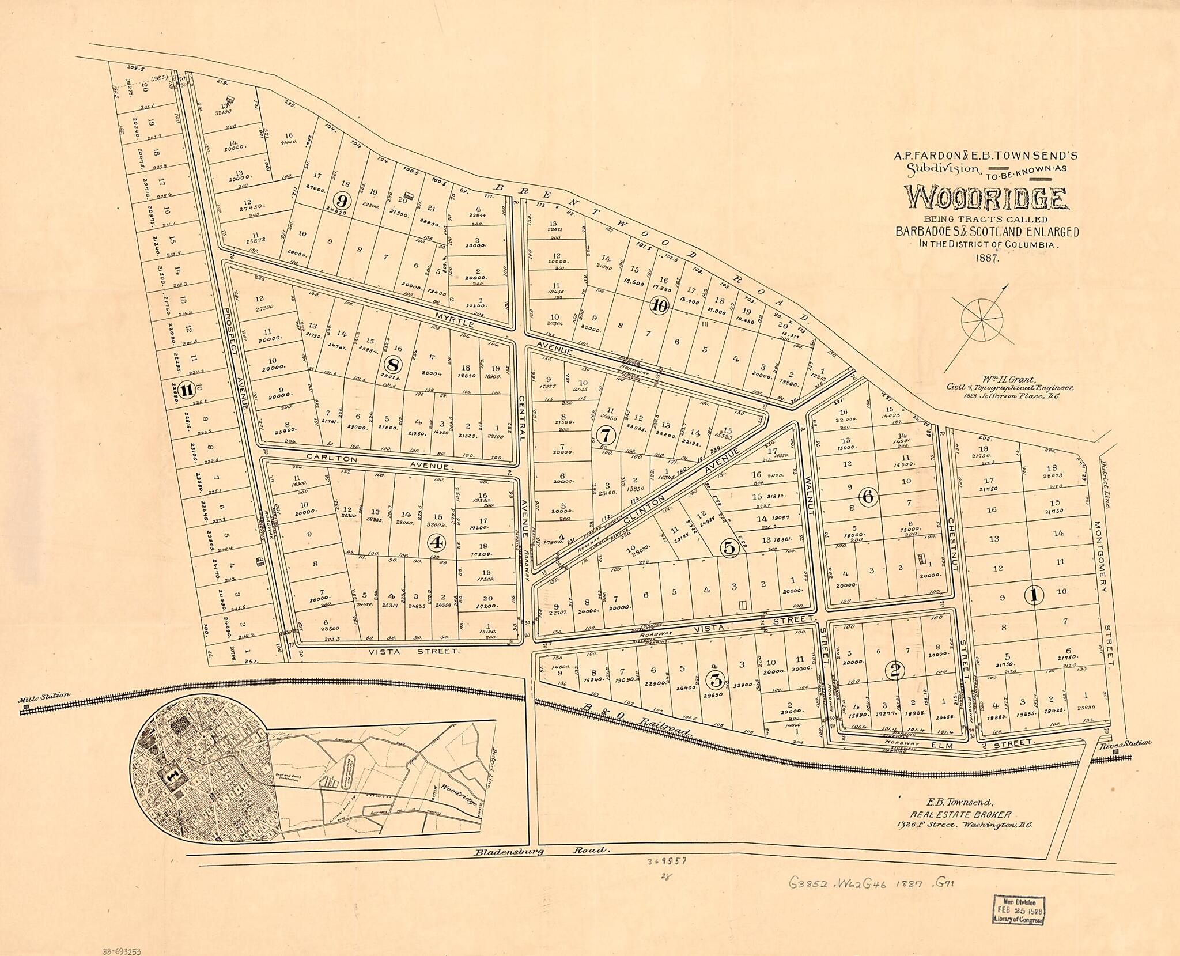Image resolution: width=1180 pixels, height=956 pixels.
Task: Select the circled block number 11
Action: pos(186,390)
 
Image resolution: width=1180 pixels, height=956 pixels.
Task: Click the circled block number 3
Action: pos(716,680)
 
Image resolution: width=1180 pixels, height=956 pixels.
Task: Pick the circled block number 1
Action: pos(1035,595)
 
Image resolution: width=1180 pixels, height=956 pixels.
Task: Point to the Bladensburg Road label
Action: pos(542,867)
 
